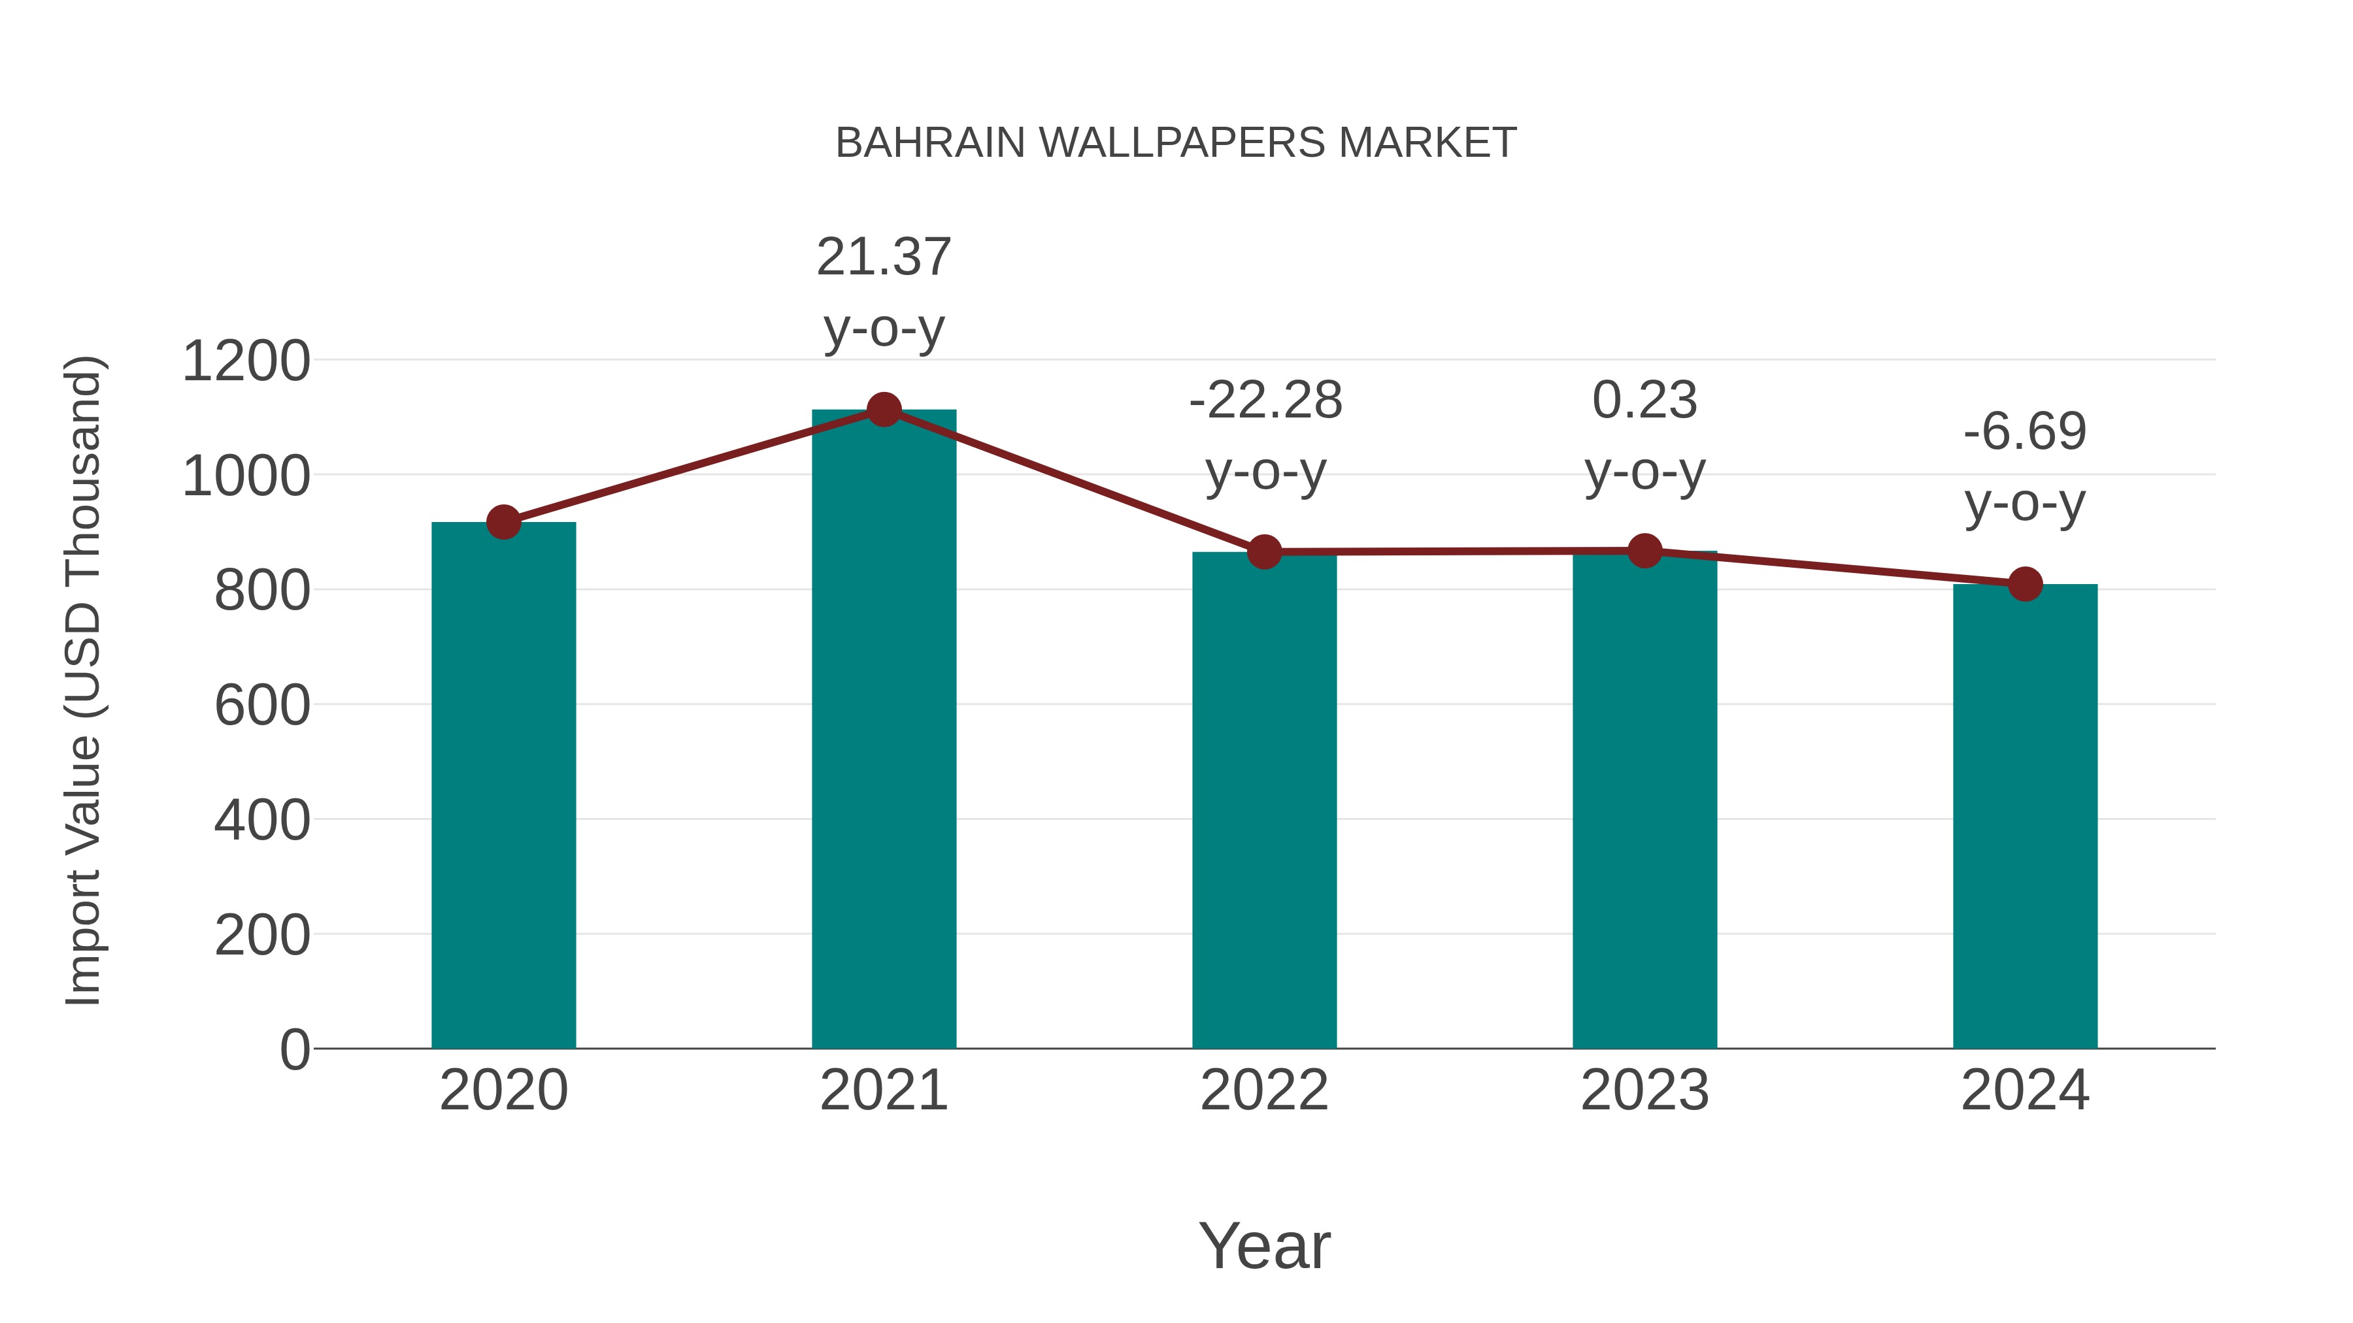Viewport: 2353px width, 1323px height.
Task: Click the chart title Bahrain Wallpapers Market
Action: click(1176, 143)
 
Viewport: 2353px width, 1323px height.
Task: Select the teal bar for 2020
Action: click(503, 785)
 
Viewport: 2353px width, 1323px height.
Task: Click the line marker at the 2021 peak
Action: click(883, 410)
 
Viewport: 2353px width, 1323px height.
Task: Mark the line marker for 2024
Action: click(2025, 584)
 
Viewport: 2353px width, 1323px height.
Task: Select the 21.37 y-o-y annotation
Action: click(883, 292)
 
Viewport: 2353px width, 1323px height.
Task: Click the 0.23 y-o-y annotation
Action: click(1644, 436)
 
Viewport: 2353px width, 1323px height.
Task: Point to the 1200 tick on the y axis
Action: click(246, 361)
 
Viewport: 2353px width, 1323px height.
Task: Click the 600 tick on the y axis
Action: click(262, 706)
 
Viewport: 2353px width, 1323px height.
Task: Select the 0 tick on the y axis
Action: click(294, 1050)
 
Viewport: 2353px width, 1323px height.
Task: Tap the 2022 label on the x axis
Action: click(1264, 1090)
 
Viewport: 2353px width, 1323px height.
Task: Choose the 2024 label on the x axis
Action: click(2025, 1090)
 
